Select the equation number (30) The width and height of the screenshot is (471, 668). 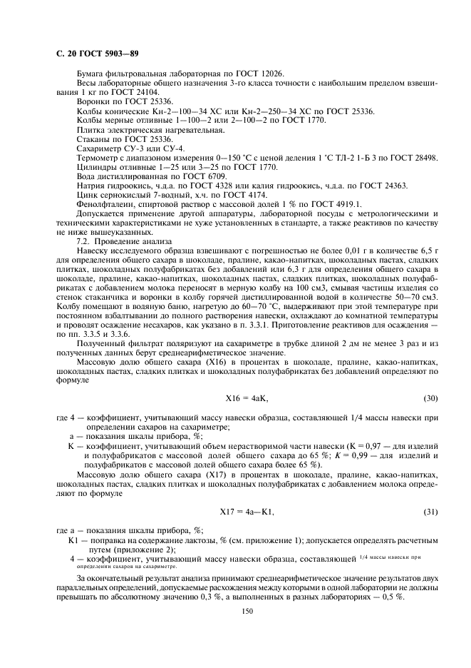coord(430,397)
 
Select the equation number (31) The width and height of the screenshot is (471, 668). coord(430,512)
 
